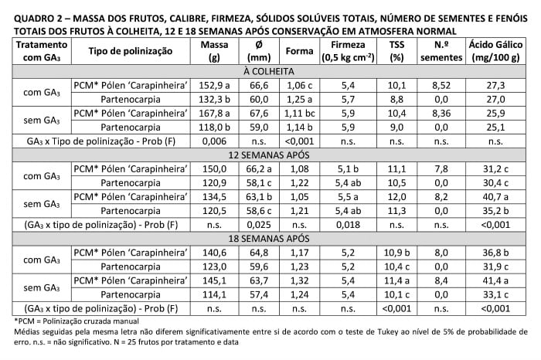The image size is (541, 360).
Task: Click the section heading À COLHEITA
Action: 270,70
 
